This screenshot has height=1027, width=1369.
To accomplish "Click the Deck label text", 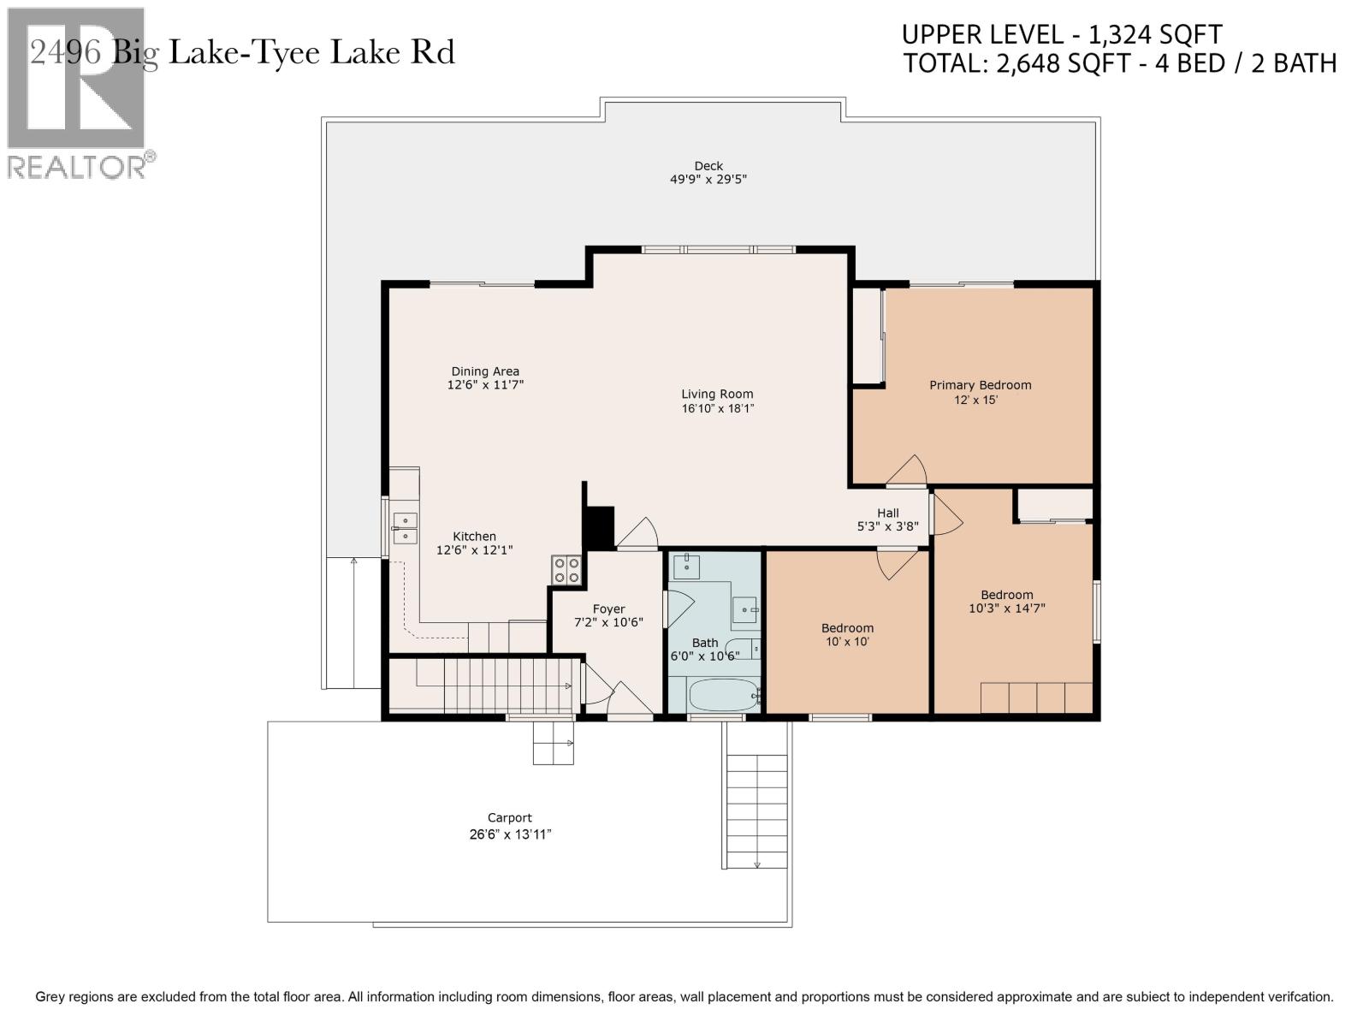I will tap(708, 166).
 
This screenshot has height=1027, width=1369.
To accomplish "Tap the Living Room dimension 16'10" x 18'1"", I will tap(717, 409).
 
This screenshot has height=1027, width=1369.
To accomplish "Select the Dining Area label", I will tap(485, 371).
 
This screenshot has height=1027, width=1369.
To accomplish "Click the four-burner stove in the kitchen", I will tap(566, 570).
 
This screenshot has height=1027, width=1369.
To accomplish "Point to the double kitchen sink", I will tap(405, 528).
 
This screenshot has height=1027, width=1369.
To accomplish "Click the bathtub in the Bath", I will tap(724, 695).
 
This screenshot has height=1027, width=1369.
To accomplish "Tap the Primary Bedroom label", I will tap(980, 385).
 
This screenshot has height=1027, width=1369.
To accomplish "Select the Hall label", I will tap(887, 513).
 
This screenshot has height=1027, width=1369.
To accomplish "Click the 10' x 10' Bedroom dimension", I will tap(847, 642).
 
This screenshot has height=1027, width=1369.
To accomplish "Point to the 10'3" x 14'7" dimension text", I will tap(1006, 609).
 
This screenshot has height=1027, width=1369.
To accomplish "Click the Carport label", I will tap(510, 818).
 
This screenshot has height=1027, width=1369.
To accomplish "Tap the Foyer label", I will tap(608, 609).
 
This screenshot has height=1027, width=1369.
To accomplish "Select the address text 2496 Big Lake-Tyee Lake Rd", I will tap(242, 53).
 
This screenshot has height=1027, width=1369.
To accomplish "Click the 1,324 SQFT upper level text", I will tap(1154, 35).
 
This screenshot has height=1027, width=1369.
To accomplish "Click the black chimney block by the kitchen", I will tap(600, 527).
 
